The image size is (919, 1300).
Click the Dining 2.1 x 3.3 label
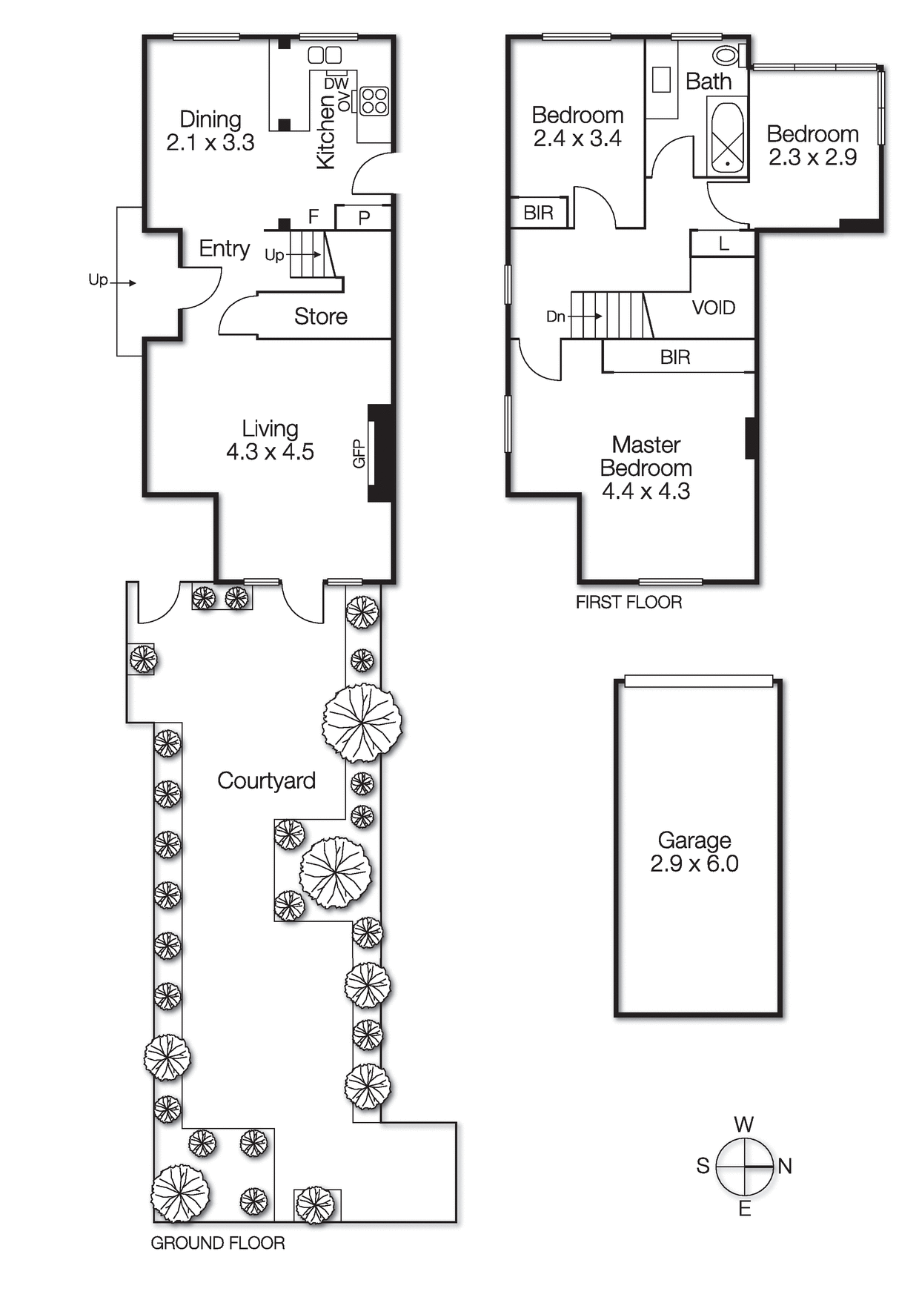210,130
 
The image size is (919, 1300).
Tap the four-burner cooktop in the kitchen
374,101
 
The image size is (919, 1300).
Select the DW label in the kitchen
336,84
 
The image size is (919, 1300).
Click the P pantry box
363,217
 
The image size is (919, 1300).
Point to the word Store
320,316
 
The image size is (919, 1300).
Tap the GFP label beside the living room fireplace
359,454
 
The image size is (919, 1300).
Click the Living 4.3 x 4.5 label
270,440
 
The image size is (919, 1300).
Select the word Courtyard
266,780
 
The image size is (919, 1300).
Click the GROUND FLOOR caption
217,1243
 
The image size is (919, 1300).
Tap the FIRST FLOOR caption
628,602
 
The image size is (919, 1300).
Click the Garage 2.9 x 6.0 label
694,852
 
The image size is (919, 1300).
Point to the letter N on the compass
785,1166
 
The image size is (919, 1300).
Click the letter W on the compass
743,1124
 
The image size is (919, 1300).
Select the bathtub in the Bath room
727,137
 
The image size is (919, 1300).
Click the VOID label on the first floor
713,308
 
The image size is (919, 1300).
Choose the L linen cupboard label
723,243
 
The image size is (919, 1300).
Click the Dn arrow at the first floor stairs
574,316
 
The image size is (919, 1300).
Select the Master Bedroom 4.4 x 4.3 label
646,468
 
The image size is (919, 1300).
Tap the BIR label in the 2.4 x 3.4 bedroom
538,213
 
